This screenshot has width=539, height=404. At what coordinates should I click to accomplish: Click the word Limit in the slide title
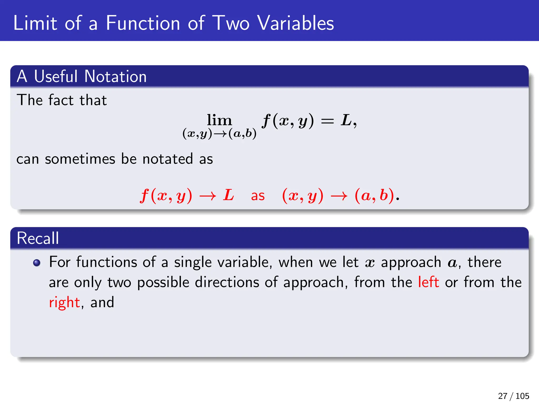(35, 23)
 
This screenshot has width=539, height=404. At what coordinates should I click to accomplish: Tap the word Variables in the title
(295, 23)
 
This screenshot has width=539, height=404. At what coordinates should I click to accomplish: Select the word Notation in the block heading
(115, 77)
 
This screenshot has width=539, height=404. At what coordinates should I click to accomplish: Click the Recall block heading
(38, 238)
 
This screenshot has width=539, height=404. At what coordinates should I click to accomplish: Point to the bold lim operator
(219, 120)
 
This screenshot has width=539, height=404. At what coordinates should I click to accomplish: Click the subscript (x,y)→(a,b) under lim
(219, 134)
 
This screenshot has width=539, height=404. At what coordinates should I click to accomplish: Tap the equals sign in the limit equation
(327, 121)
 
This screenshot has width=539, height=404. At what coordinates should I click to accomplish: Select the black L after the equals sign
(346, 120)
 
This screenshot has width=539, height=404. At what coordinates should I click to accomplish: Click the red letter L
(228, 195)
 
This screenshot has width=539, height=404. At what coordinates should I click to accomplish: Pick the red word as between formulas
(258, 196)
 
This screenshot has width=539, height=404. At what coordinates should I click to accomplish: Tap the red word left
(428, 282)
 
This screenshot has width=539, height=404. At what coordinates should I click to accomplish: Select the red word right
(64, 302)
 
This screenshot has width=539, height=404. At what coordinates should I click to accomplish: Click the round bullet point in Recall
(37, 263)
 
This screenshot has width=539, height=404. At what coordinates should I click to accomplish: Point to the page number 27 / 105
(513, 396)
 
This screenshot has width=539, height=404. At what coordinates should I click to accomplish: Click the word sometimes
(80, 159)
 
